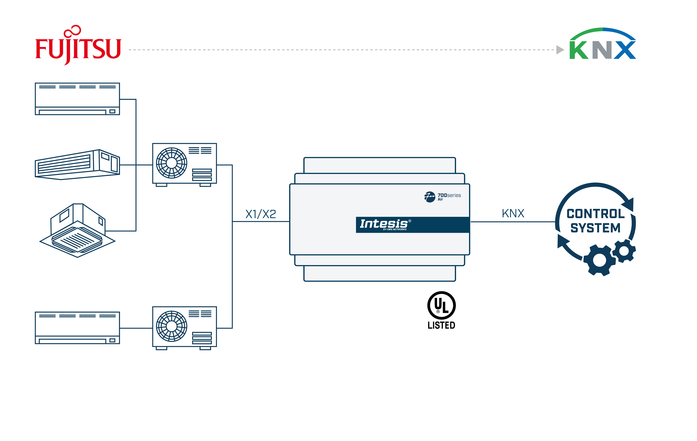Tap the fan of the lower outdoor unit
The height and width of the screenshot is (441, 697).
(172, 326)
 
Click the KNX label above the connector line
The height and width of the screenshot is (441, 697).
(513, 213)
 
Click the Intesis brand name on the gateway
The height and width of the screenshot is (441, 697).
(384, 224)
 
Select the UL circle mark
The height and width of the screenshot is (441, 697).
(441, 305)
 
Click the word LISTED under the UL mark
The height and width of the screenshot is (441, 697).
(441, 325)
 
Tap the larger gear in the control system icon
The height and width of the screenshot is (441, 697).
(599, 260)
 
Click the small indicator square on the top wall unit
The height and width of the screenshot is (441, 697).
(112, 111)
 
